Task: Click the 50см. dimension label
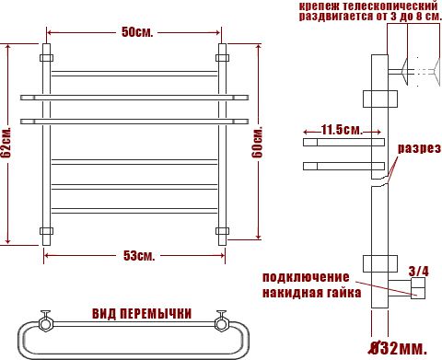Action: (137, 33)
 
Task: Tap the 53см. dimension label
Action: (138, 254)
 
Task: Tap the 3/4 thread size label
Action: (419, 271)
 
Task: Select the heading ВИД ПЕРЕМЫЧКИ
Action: (142, 314)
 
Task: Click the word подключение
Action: (306, 278)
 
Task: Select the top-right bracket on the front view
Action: (222, 58)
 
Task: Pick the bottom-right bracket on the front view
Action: (222, 229)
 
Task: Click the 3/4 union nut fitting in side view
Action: (416, 292)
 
